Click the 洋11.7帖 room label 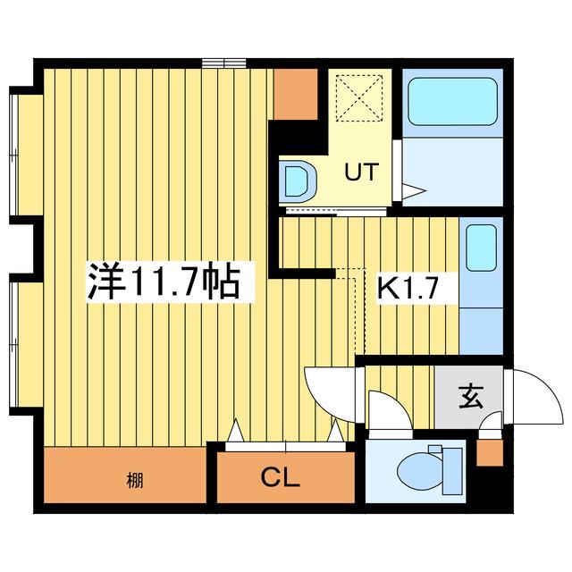(x=163, y=283)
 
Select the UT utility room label (x=361, y=172)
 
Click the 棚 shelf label (x=135, y=481)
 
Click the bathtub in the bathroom (x=452, y=101)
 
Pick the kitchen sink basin (x=481, y=248)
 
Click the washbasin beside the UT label (x=297, y=181)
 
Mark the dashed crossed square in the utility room (x=359, y=97)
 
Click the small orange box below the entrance (x=490, y=453)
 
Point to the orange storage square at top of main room (x=295, y=94)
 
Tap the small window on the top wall (x=224, y=63)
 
